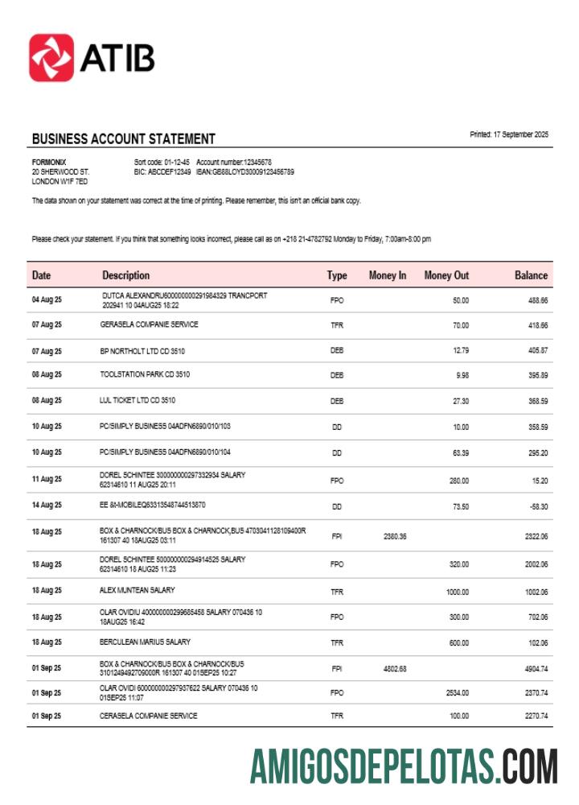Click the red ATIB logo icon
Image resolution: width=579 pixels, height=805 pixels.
(51, 57)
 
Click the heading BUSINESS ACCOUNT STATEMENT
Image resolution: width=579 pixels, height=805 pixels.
(123, 139)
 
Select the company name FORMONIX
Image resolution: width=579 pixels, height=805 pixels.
(48, 162)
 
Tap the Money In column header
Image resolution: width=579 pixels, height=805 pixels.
(387, 275)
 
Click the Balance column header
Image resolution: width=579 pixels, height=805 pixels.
(531, 275)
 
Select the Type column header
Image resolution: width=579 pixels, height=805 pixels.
(337, 275)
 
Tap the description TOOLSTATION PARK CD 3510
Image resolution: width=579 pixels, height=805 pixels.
(145, 374)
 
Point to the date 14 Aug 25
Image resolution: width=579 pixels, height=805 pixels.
(47, 506)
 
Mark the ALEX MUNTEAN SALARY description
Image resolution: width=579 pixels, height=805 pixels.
(137, 590)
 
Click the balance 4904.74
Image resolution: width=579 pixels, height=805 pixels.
(532, 668)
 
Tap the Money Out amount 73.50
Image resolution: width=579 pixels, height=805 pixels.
(459, 506)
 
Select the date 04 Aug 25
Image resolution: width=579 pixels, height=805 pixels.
(47, 300)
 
